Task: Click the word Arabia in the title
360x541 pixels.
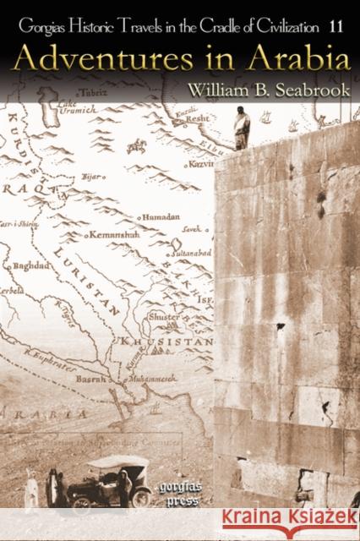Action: pyautogui.click(x=292, y=60)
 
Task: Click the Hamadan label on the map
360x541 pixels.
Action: pyautogui.click(x=162, y=216)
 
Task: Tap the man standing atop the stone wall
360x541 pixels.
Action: pyautogui.click(x=242, y=128)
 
